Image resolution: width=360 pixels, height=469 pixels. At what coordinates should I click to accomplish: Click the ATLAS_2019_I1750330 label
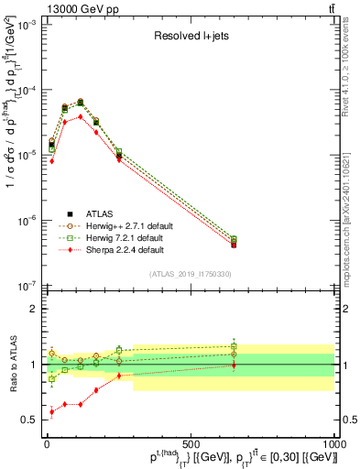point(190,274)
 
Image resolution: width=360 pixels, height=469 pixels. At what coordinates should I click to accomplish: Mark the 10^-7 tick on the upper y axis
point(27,285)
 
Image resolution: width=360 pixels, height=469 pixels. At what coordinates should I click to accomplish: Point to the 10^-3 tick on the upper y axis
point(27,26)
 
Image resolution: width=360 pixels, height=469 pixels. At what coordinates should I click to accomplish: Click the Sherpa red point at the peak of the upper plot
point(81,116)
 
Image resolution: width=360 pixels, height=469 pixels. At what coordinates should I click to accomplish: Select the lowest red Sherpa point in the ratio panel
point(52,412)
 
